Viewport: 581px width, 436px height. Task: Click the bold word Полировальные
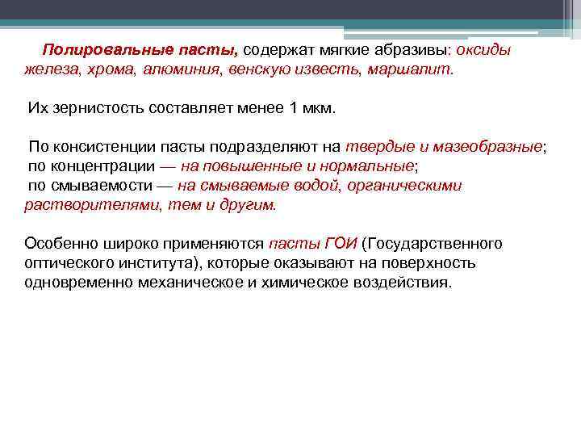click(96, 49)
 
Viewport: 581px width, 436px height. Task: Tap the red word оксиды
click(483, 49)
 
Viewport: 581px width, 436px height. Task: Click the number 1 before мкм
click(293, 108)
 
